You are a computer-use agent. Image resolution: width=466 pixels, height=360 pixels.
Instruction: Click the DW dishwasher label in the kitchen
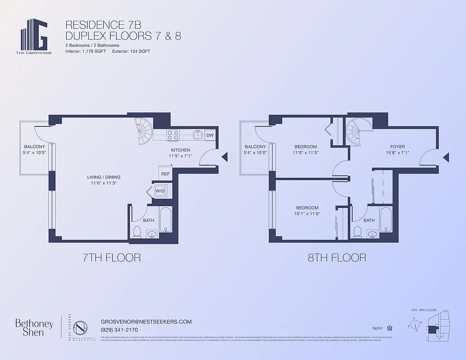[x=210, y=135]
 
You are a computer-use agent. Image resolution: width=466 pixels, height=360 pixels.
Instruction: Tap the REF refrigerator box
[x=165, y=174]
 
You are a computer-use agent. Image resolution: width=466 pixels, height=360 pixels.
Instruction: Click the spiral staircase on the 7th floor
[x=145, y=130]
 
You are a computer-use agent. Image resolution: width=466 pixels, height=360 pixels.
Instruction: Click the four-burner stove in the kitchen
[x=173, y=135]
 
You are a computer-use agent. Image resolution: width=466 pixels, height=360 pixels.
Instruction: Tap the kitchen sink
[x=197, y=135]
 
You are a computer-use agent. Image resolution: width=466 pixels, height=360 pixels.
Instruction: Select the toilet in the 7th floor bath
[x=138, y=232]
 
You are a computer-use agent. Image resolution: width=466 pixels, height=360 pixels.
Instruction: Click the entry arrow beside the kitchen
[x=225, y=157]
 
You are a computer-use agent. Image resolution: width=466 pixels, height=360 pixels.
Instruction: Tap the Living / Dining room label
[x=104, y=177]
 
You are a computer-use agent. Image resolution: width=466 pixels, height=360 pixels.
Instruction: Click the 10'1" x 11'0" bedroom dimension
[x=307, y=214]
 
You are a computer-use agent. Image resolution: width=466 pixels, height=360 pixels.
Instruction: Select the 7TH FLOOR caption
[x=111, y=257]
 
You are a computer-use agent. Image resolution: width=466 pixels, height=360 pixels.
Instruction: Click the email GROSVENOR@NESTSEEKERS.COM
[x=146, y=322]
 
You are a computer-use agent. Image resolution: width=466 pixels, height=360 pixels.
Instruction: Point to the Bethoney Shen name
[x=34, y=328]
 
